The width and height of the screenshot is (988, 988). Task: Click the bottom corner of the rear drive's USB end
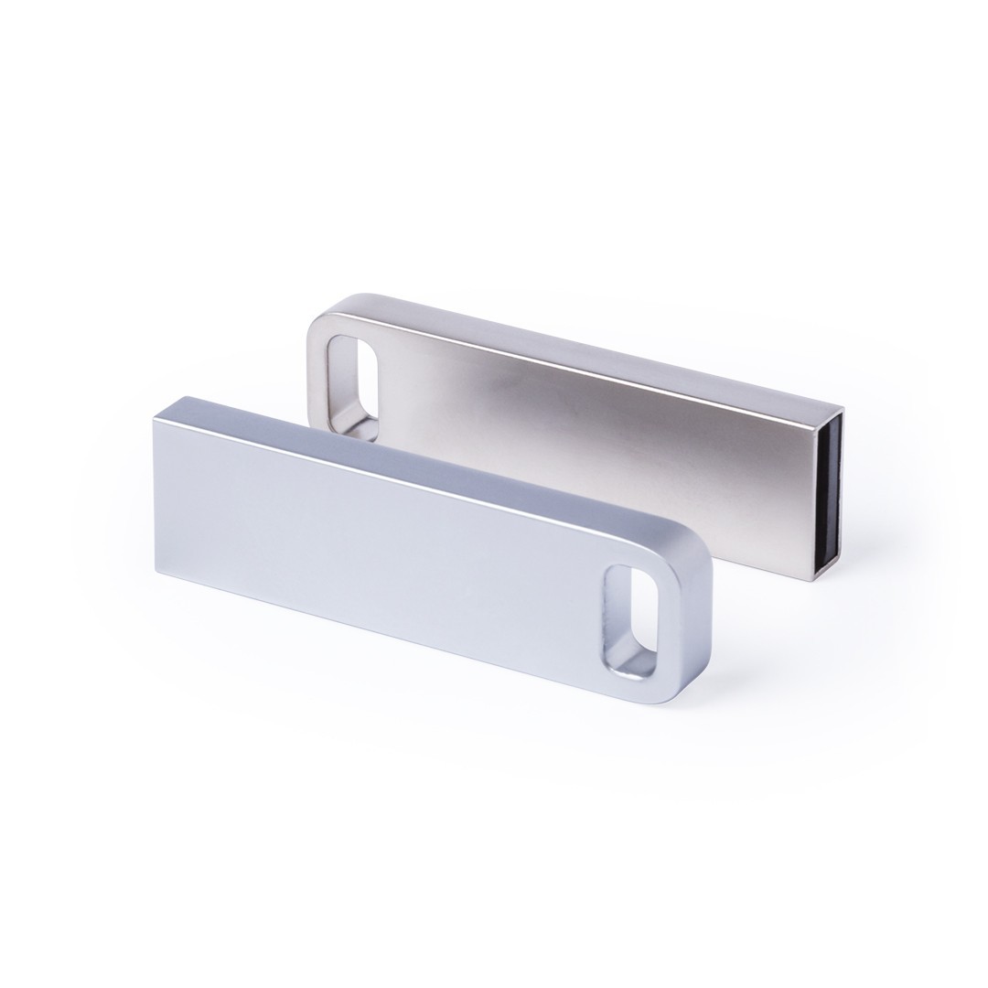(807, 579)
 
